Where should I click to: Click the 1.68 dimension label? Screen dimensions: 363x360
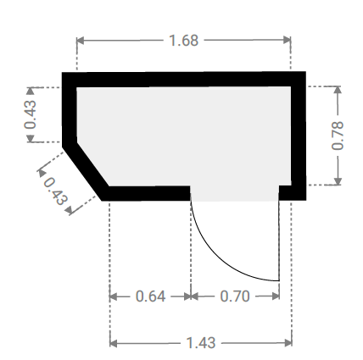(x=184, y=41)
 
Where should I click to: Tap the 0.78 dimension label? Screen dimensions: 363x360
(x=338, y=136)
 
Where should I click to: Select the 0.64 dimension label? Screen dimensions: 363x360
(x=150, y=296)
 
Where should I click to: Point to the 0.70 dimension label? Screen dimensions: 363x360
(x=235, y=296)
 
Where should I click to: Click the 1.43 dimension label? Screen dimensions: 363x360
(x=201, y=343)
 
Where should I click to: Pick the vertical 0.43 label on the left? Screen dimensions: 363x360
(x=30, y=114)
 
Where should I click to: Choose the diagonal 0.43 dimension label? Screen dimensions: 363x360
(x=55, y=191)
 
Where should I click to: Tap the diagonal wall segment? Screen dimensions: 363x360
(x=86, y=169)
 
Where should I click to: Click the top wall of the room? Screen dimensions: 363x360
(x=184, y=80)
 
